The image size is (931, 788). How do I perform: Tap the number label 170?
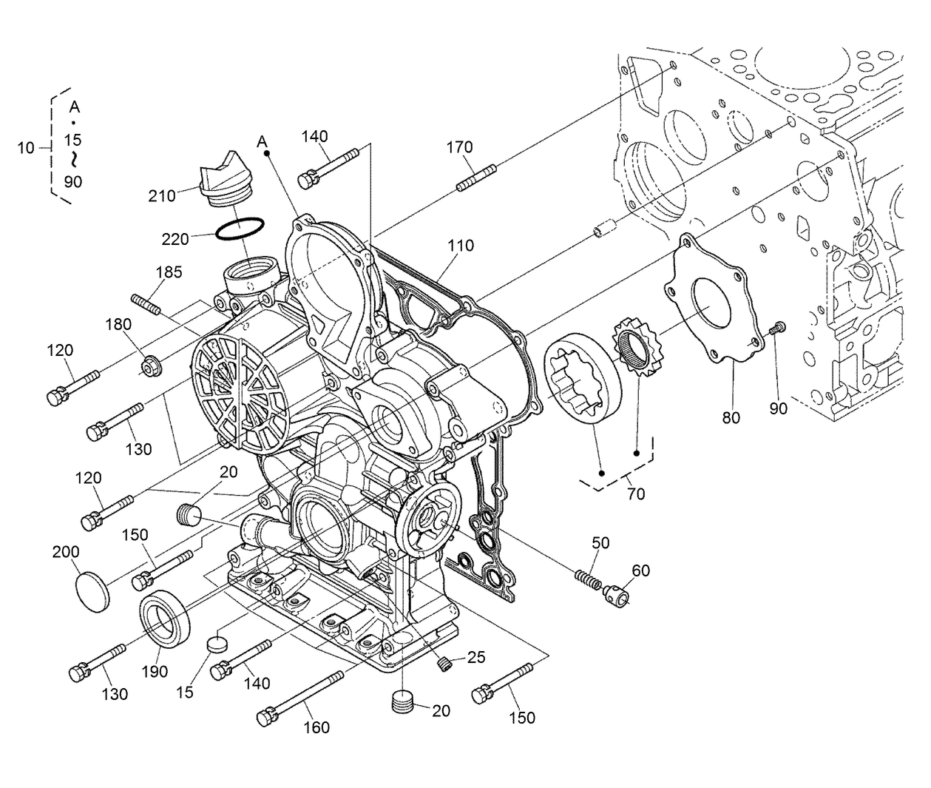click(x=459, y=147)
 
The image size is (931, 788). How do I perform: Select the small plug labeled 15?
click(x=217, y=643)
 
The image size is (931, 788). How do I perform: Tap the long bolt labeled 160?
click(x=299, y=696)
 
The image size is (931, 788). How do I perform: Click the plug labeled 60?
click(x=616, y=593)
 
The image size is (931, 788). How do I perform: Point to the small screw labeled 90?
click(x=776, y=329)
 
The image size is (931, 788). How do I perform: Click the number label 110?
click(x=459, y=245)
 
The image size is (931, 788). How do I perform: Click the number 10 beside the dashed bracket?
click(x=26, y=148)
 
